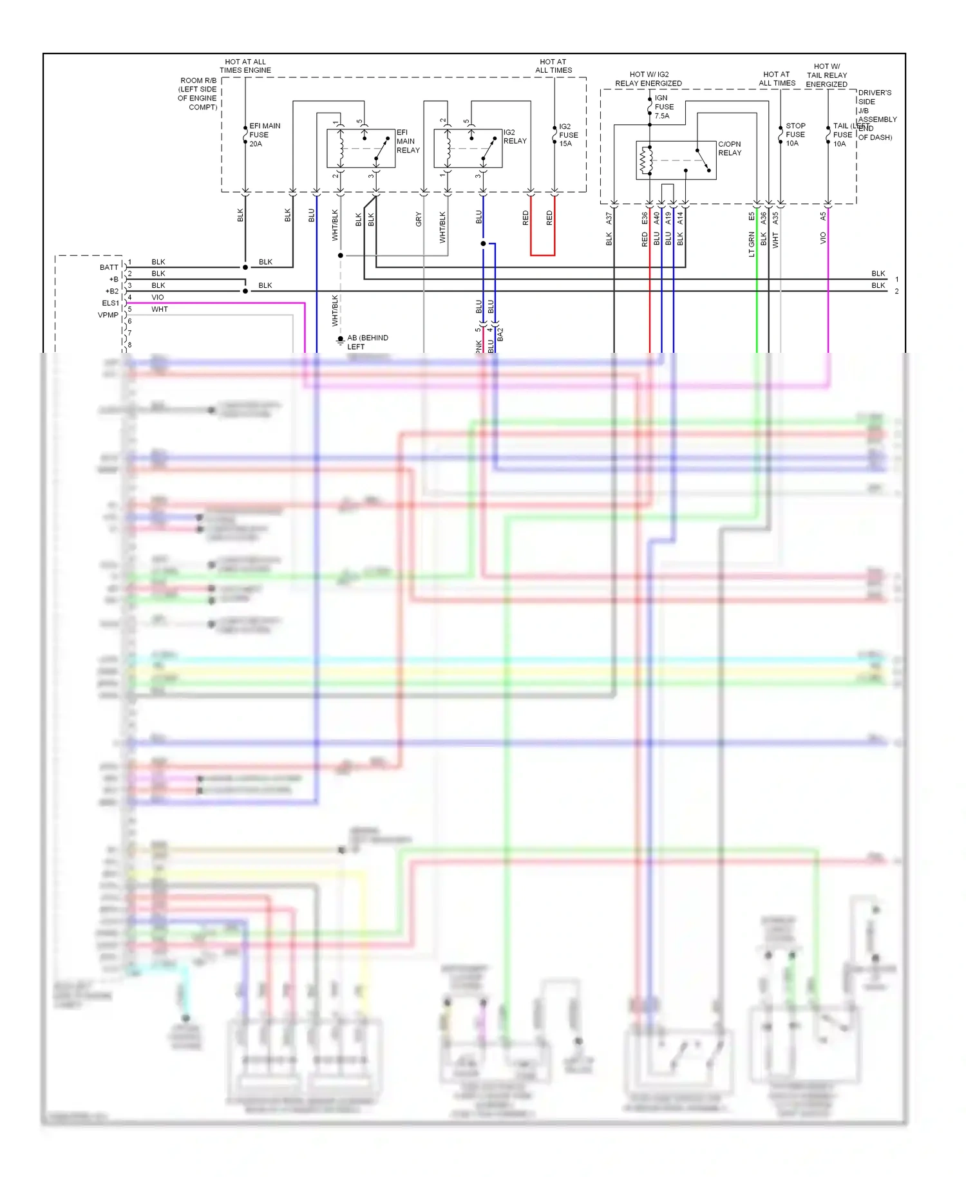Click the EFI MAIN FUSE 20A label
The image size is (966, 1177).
click(264, 135)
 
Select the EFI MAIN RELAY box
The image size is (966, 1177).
click(361, 149)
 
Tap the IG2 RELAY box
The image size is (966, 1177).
click(468, 149)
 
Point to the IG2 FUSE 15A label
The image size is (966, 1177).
click(568, 135)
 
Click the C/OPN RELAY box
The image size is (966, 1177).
click(676, 160)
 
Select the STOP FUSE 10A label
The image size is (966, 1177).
click(795, 135)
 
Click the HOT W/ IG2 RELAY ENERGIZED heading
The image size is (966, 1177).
click(648, 79)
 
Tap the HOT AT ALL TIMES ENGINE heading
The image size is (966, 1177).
click(245, 66)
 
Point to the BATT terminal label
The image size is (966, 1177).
click(109, 267)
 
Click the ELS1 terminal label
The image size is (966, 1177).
click(110, 303)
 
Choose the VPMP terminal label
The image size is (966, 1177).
click(108, 315)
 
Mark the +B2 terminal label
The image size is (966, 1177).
click(111, 292)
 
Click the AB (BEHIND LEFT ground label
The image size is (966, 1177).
click(367, 342)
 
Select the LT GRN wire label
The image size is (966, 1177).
click(752, 245)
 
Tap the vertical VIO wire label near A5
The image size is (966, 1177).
click(823, 238)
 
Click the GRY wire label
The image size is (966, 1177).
click(419, 219)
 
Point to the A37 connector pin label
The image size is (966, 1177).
click(609, 219)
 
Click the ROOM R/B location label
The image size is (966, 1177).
click(198, 94)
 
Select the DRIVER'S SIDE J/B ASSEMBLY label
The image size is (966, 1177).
click(876, 115)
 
